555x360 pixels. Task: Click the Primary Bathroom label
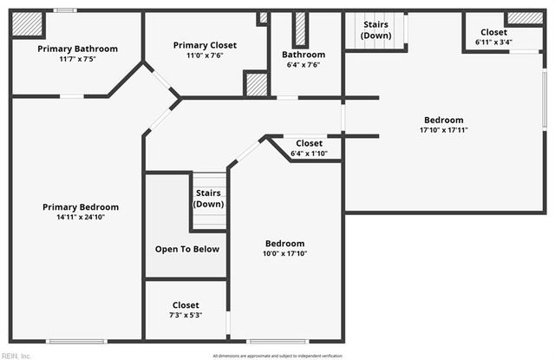coord(77,49)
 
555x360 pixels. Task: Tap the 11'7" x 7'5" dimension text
coord(77,60)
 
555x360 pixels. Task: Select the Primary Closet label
coord(205,45)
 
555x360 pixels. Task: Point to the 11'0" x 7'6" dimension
coord(205,56)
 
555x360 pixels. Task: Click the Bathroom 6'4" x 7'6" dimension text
coord(303,65)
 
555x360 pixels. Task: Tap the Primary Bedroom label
coord(81,207)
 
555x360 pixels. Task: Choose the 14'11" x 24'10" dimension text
coord(81,218)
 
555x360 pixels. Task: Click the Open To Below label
coord(186,249)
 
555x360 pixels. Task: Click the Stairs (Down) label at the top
coord(375,29)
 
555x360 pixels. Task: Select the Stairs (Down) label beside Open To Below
coord(208,198)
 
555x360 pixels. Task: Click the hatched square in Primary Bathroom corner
coord(27,24)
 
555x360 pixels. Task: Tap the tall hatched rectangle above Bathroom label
coord(301,29)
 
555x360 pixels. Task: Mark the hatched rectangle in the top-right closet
coord(524,18)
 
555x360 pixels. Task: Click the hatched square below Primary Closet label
coord(257,85)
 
